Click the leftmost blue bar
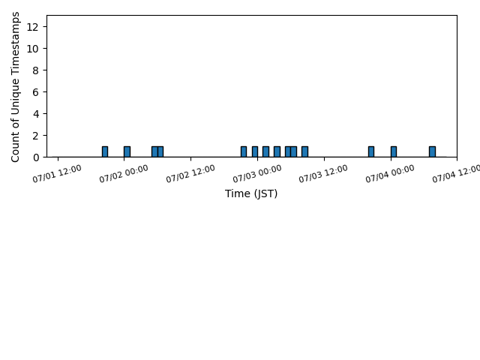pos(105,151)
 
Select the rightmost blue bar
pos(432,151)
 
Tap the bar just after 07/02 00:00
pos(127,151)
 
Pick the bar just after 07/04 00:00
pos(394,151)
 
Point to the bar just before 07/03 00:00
pos(255,151)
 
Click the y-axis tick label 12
pos(32,27)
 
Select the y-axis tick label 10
pos(32,49)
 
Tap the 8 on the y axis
pos(36,70)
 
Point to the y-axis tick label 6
pos(36,92)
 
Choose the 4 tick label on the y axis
pos(36,114)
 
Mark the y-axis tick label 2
pos(36,136)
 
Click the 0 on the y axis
pos(36,157)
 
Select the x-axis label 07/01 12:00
pos(57,173)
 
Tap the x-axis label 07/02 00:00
pos(124,173)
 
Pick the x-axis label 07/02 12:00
pos(190,173)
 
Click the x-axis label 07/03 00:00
pos(257,173)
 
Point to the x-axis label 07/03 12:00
pos(323,173)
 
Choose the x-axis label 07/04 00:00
pos(390,173)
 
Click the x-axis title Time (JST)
pos(251,193)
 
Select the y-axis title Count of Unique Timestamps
pos(15,87)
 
